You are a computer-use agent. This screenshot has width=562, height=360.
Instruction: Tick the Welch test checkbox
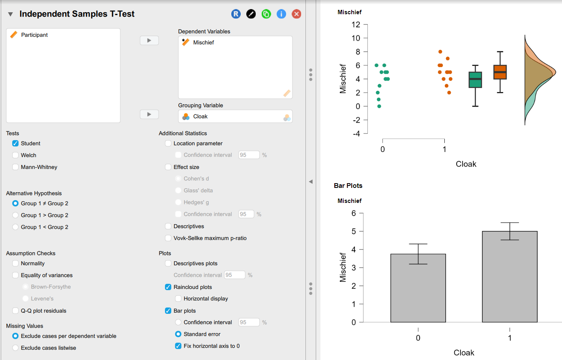coord(15,155)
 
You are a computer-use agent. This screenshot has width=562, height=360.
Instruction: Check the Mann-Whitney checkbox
coord(15,167)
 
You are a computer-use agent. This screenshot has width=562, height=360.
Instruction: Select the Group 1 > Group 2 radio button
coord(15,215)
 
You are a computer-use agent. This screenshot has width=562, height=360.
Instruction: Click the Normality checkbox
coord(15,263)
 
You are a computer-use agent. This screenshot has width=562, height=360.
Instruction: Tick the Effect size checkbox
coord(168,167)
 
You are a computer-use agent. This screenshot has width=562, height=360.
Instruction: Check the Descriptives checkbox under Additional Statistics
coord(168,226)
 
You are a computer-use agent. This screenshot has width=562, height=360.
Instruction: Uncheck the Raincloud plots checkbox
coord(168,287)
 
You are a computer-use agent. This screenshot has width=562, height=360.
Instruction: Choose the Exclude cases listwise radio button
coord(15,348)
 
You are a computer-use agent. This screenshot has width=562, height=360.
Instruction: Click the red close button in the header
coord(296,14)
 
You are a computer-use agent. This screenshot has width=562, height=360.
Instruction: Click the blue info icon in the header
coord(281,14)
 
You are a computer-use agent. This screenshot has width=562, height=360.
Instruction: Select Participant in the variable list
coord(34,35)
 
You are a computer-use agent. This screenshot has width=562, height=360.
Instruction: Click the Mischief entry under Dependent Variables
coord(203,42)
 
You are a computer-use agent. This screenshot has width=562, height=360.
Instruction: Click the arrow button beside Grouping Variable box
coord(149,114)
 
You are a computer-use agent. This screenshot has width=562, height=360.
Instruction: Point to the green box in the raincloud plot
coord(475,80)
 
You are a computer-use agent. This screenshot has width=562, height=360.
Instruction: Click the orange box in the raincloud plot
coord(500,72)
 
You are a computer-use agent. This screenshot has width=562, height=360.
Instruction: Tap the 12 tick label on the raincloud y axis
coord(356,24)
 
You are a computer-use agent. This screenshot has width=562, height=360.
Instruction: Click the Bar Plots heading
coord(348,186)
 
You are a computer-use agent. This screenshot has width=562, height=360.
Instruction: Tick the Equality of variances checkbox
coord(15,275)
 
